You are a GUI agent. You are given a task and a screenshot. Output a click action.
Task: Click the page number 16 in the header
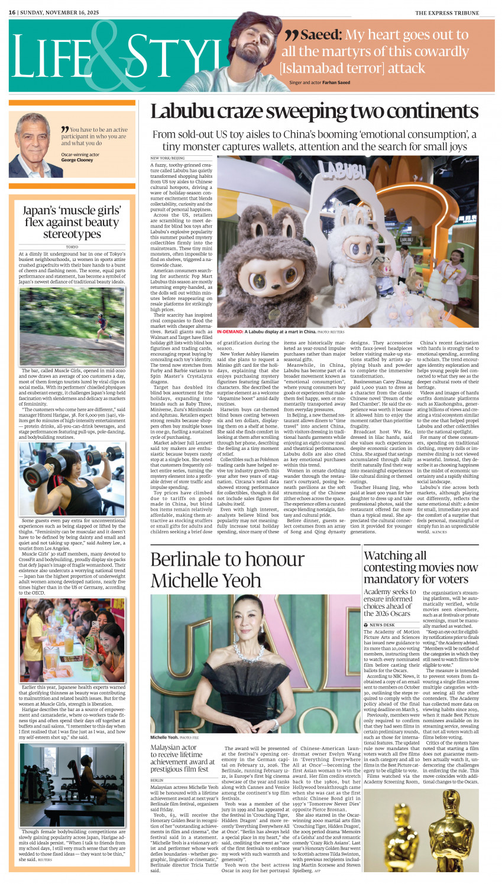click(x=12, y=12)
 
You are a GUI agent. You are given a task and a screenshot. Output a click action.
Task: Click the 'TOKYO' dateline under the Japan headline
click(x=72, y=246)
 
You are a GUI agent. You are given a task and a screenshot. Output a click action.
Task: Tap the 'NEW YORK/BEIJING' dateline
click(x=167, y=158)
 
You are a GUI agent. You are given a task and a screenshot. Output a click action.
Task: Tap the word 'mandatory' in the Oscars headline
click(x=392, y=579)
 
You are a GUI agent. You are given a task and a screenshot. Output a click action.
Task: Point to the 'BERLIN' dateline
click(x=157, y=780)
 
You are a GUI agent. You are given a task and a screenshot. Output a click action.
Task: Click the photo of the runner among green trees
click(x=72, y=326)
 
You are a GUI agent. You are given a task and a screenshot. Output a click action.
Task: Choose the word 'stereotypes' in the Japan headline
click(x=72, y=234)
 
